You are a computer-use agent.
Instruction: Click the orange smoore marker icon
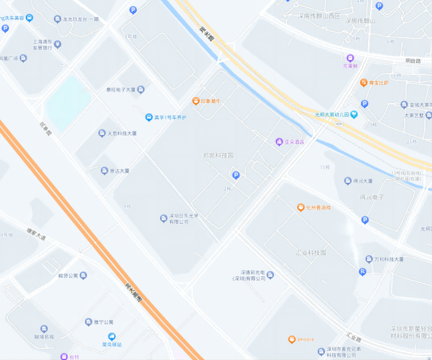point(291,339)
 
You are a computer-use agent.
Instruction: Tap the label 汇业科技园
point(310,253)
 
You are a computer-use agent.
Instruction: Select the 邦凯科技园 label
point(218,155)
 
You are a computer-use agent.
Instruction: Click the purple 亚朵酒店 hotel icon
point(279,141)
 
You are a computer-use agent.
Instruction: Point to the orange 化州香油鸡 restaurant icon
point(300,207)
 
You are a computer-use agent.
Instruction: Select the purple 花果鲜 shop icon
point(350,58)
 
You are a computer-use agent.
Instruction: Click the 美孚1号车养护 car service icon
point(149,118)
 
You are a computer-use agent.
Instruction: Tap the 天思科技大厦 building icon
point(102,133)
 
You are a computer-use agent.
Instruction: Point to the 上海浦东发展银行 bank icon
point(57,45)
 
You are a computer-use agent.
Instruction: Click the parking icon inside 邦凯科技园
point(235,175)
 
